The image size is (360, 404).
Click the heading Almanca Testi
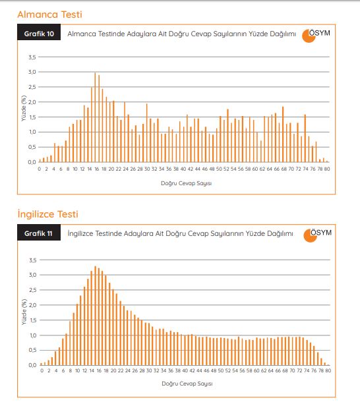point(49,14)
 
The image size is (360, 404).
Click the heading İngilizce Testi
point(48,214)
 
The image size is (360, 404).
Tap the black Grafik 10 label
point(39,32)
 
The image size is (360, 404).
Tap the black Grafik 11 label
point(39,233)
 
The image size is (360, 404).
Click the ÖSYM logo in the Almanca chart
point(316,36)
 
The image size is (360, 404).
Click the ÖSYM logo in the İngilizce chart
point(318,235)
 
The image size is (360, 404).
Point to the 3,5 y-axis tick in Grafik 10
point(32,57)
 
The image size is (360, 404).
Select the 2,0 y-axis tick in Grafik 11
point(33,305)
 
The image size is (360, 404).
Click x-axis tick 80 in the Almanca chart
point(327,169)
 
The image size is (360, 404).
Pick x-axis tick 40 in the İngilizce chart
point(185,370)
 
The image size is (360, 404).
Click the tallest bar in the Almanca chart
point(95,117)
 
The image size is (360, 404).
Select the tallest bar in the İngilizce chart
point(95,316)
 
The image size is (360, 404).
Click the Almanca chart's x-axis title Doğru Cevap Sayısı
point(186,183)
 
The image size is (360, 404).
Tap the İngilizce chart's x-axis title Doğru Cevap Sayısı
point(187,384)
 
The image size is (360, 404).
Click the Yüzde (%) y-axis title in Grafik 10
point(24,108)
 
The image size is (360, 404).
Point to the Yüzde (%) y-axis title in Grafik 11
point(24,312)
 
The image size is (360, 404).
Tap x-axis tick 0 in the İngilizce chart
point(42,370)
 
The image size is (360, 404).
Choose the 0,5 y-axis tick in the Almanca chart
point(32,147)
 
